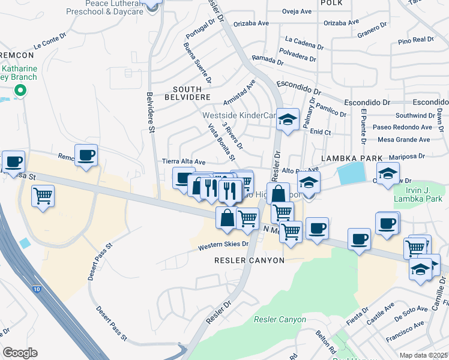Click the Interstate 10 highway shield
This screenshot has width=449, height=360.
(x=37, y=290)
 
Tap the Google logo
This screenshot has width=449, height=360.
(x=20, y=353)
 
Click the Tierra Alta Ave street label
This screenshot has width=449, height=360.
(x=184, y=162)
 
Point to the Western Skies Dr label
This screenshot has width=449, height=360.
(x=223, y=244)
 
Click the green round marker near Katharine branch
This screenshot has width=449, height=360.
(x=20, y=91)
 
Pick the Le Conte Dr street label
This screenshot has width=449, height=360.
(x=52, y=43)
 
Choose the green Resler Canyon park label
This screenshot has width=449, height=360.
(x=280, y=320)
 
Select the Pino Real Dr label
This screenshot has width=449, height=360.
(x=415, y=40)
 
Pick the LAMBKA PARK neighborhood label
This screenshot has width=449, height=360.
(x=351, y=158)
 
